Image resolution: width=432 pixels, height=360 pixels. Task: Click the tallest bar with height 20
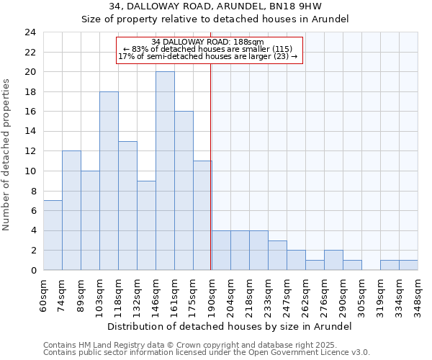[x=165, y=171]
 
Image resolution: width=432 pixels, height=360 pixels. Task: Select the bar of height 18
[x=109, y=181]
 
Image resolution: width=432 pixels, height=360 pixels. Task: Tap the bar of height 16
[x=184, y=191]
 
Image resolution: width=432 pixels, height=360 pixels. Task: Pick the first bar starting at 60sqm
[x=53, y=235]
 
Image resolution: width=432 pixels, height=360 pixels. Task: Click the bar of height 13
[x=127, y=206]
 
